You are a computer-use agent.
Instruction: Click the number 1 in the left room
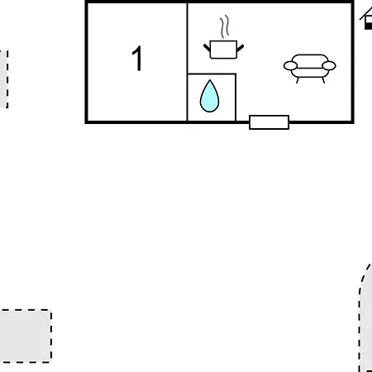(x=137, y=58)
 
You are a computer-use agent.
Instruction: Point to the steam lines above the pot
(x=225, y=26)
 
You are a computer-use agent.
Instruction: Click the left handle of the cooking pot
(x=207, y=48)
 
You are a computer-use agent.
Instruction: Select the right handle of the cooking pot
(x=240, y=48)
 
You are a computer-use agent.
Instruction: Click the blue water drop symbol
(x=210, y=96)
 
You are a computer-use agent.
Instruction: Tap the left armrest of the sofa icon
(x=290, y=66)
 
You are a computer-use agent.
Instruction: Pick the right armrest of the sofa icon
(x=329, y=66)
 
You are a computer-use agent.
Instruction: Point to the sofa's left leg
(x=298, y=80)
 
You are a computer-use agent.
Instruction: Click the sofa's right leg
(x=323, y=80)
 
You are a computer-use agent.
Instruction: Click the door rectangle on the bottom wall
(x=269, y=122)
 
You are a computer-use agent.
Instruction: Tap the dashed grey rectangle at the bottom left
(x=26, y=336)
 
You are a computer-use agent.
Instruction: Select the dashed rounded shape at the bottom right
(x=365, y=317)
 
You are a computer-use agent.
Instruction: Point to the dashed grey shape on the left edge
(x=4, y=79)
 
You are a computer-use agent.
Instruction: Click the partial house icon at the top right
(x=366, y=19)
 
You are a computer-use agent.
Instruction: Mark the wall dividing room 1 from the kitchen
(x=188, y=62)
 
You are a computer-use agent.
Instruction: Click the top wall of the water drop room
(x=212, y=74)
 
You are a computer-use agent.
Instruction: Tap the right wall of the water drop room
(x=236, y=98)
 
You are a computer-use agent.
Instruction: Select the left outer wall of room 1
(x=87, y=62)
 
